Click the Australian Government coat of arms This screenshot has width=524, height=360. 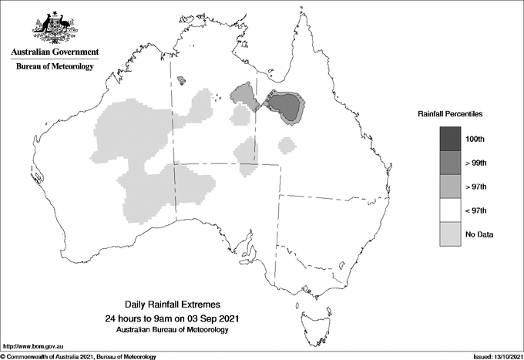coord(54,27)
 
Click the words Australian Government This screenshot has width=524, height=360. coord(55,52)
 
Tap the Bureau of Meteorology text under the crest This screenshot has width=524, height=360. coord(55,67)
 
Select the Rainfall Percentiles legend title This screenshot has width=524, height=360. coord(450,114)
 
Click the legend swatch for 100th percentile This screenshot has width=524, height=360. coord(451,138)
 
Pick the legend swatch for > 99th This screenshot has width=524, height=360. coord(451,162)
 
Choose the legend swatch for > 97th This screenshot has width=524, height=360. coord(451,186)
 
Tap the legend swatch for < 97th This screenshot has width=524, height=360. coord(451,210)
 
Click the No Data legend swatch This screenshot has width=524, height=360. coord(451,234)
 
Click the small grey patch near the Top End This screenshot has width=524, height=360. coord(182,79)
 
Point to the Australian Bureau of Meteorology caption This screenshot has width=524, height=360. coord(178,330)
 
